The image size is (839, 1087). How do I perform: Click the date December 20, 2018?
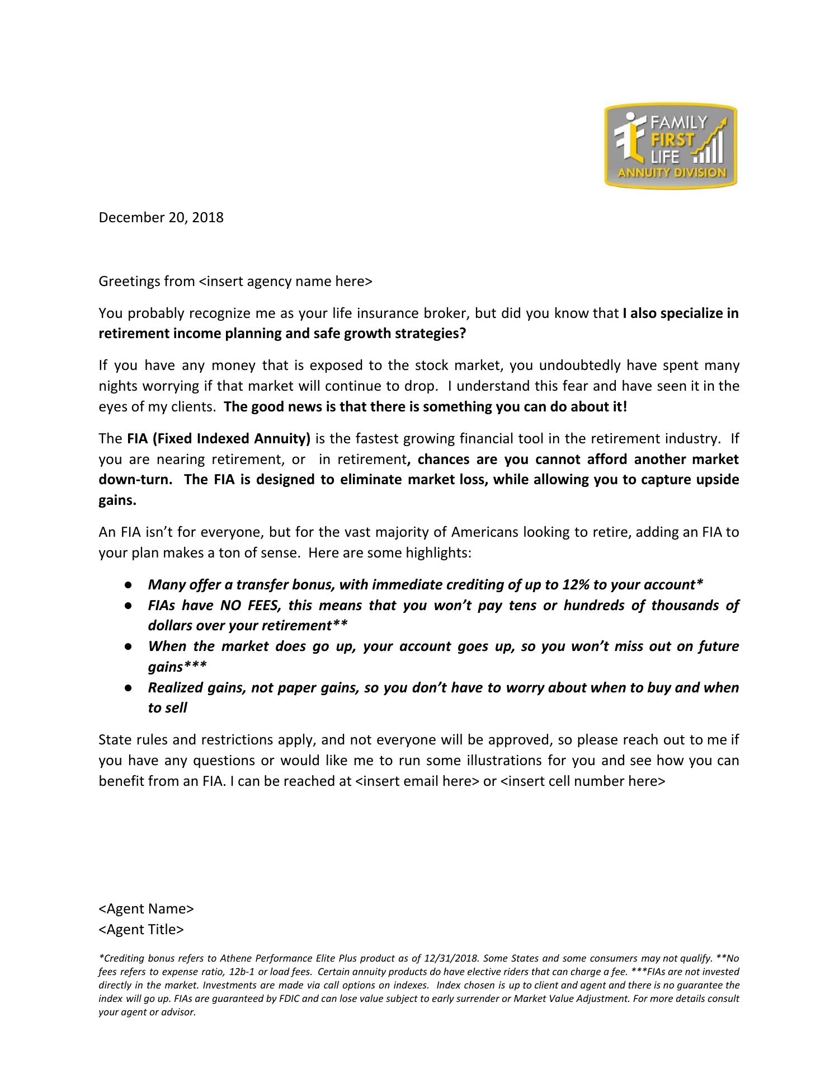click(x=161, y=217)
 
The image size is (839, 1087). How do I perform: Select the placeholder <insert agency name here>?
click(x=285, y=281)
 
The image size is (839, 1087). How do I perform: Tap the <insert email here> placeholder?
click(x=417, y=781)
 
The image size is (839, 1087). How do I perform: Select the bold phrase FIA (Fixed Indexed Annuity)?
click(x=218, y=438)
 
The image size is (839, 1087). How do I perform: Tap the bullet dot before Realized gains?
click(x=128, y=688)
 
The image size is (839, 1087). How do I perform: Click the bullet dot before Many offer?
click(x=128, y=585)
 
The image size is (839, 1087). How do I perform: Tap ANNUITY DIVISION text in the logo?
click(x=671, y=172)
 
